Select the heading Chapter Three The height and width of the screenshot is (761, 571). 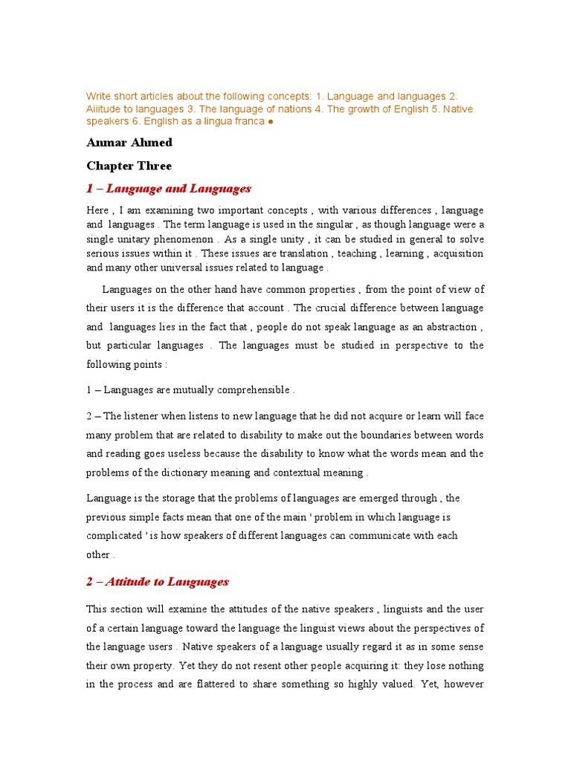click(129, 166)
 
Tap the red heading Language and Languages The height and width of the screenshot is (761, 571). click(169, 189)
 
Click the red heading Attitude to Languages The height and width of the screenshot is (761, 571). click(157, 582)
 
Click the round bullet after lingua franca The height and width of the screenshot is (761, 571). click(270, 121)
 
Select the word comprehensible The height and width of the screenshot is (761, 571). click(251, 389)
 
